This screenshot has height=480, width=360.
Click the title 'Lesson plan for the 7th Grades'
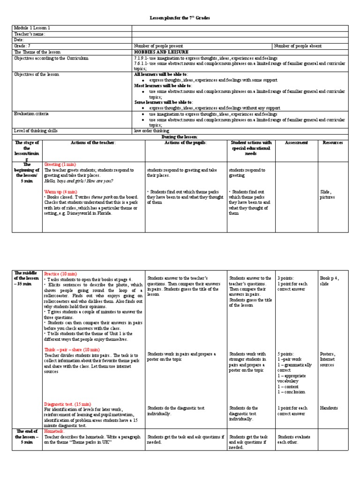pos(180,18)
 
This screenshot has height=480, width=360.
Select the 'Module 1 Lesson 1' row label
pos(32,28)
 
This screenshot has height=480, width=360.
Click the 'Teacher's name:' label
pos(30,34)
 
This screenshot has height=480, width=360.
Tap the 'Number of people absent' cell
pos(298,46)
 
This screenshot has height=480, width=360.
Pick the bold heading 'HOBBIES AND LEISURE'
pos(161,52)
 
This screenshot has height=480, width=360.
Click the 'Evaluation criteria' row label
pos(31,113)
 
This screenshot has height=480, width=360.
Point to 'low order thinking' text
pos(152,131)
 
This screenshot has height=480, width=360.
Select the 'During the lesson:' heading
pos(180,136)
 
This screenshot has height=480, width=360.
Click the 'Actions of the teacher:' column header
pos(93,142)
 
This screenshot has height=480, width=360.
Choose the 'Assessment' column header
pos(296,142)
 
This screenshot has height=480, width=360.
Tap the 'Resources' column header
pos(332,142)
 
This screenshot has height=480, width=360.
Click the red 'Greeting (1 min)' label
pos(60,165)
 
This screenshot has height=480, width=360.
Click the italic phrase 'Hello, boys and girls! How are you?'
pos(78,181)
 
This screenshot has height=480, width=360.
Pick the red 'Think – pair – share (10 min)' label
pos(71,350)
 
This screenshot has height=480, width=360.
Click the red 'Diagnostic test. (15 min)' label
pos(67,404)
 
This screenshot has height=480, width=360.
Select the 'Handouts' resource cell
pos(329,408)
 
